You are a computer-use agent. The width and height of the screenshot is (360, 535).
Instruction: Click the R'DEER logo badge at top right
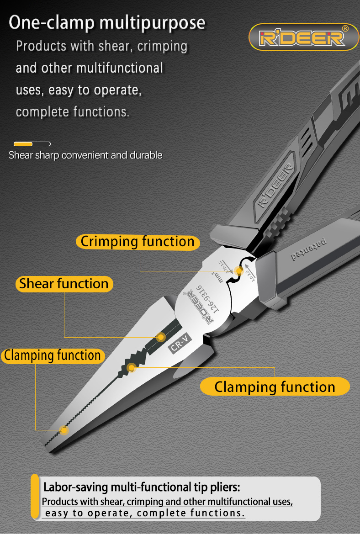tap(304, 37)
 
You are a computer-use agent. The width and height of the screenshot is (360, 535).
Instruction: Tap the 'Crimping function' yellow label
tap(138, 242)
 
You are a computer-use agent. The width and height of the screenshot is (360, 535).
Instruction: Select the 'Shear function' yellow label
tap(64, 284)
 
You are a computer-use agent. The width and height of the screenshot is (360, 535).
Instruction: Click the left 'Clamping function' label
tap(53, 355)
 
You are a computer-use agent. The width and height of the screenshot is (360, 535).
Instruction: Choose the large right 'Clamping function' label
tap(275, 387)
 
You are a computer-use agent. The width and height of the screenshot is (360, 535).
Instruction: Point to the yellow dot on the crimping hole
tap(238, 270)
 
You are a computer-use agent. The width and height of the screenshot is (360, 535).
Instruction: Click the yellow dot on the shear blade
tap(161, 338)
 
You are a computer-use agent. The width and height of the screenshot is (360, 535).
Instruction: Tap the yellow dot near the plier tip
tap(64, 430)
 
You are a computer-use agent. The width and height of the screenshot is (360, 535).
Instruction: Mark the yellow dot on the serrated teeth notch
tap(132, 367)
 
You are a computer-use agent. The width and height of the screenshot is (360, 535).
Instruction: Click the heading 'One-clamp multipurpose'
tap(107, 22)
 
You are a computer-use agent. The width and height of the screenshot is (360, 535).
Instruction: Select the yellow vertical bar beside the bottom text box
tap(35, 497)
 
